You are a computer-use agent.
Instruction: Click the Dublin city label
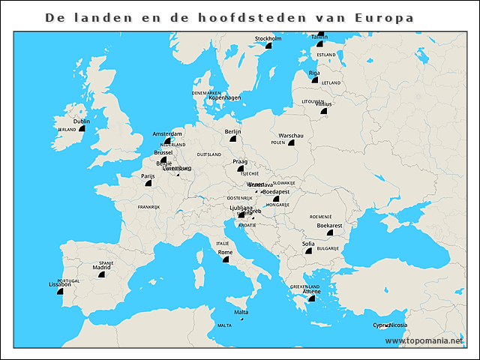pyautogui.click(x=82, y=121)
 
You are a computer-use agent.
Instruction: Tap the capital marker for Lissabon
pyautogui.click(x=61, y=291)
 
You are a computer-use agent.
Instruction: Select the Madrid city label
pyautogui.click(x=101, y=267)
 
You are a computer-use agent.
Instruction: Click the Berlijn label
pyautogui.click(x=232, y=132)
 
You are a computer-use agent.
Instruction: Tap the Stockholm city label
pyautogui.click(x=268, y=38)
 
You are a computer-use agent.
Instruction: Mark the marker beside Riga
pyautogui.click(x=316, y=79)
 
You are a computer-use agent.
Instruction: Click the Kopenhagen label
pyautogui.click(x=224, y=97)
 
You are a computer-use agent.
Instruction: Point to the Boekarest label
pyautogui.click(x=329, y=225)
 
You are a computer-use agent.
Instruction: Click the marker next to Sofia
pyautogui.click(x=308, y=251)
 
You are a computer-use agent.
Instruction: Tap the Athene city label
pyautogui.click(x=312, y=292)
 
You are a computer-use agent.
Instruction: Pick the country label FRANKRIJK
pyautogui.click(x=148, y=206)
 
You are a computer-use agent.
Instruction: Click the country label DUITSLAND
pyautogui.click(x=209, y=154)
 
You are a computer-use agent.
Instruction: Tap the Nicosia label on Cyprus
pyautogui.click(x=398, y=325)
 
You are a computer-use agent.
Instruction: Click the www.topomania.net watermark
pyautogui.click(x=424, y=341)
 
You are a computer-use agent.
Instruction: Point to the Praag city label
pyautogui.click(x=240, y=161)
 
